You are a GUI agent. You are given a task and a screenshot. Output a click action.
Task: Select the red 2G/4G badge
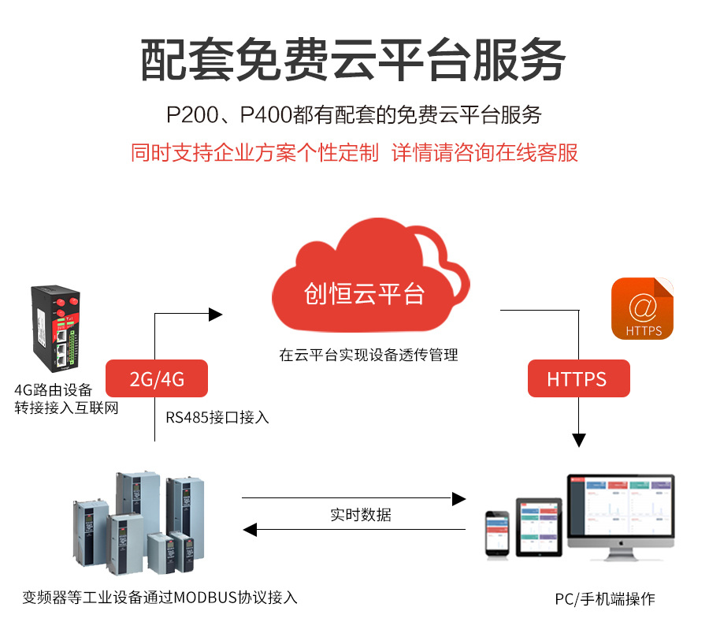point(157,378)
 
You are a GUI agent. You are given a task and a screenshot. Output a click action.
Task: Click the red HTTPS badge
point(577,378)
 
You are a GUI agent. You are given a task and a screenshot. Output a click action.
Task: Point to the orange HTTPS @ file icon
point(642,308)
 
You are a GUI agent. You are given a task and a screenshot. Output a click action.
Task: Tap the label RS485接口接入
point(217,417)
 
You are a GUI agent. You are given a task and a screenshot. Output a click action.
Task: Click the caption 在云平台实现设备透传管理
point(368,355)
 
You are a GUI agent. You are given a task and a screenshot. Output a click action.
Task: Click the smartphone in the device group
point(497,533)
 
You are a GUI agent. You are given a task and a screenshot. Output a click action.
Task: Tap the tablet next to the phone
point(539,526)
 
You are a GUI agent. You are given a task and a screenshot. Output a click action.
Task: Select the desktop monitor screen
point(621,505)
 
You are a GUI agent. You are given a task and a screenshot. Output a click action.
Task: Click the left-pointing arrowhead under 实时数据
point(249,531)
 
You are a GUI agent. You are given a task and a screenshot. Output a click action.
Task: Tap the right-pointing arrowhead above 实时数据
point(458,498)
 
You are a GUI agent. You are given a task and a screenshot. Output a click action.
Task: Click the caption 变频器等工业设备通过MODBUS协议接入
point(160,597)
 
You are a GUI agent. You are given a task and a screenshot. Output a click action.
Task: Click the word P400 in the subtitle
point(265,115)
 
